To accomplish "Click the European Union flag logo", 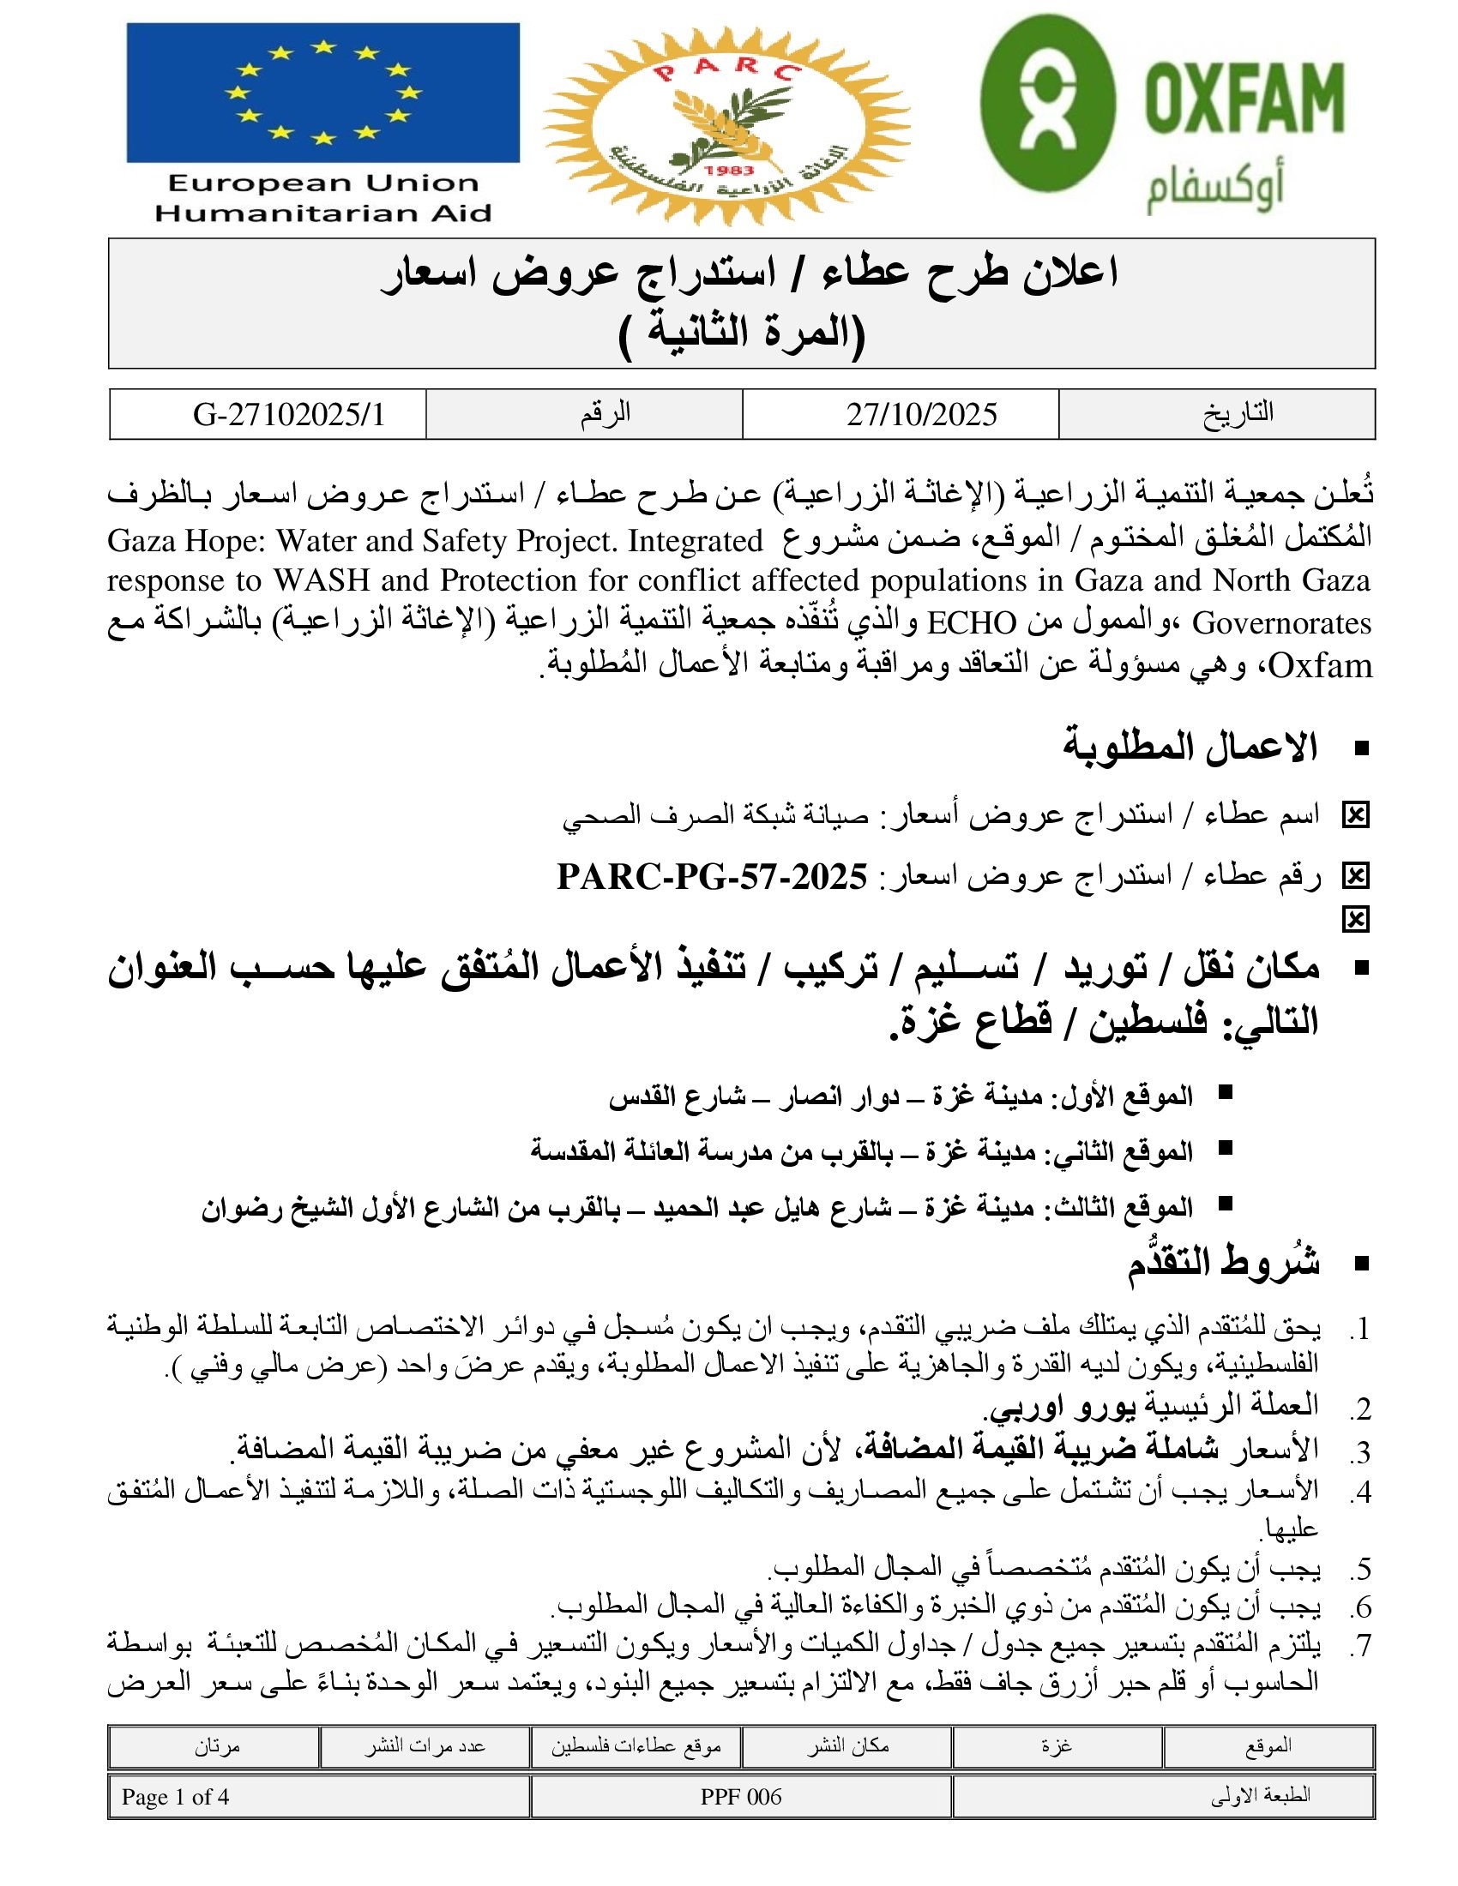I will click(x=322, y=93).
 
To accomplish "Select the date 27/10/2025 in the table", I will click(x=922, y=415).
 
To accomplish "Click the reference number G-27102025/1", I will click(x=288, y=415).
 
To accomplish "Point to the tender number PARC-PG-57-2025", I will click(x=712, y=876).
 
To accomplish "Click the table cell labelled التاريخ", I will click(x=1238, y=414).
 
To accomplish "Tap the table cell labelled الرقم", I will click(x=605, y=414).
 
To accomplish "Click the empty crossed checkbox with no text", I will click(x=1355, y=920).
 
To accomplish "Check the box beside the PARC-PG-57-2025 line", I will click(x=1355, y=876).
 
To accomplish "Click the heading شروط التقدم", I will click(x=1223, y=1264).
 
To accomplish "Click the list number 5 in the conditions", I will click(x=1362, y=1569).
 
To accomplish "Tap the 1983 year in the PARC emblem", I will click(x=729, y=170).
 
